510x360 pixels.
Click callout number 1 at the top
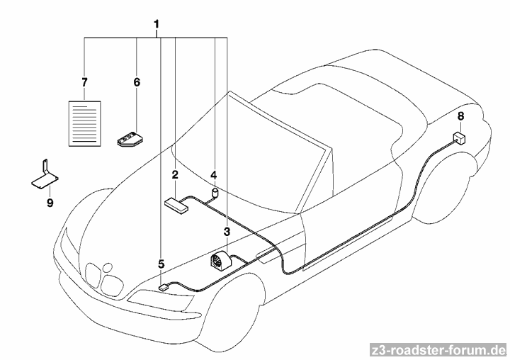(156, 26)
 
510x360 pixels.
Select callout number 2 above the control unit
(174, 174)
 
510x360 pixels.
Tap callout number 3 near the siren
(227, 231)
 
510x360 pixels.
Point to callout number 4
(213, 174)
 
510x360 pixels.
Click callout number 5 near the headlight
(161, 264)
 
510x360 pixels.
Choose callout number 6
(137, 82)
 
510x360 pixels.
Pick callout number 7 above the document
(84, 82)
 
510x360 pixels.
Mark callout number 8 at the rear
(460, 116)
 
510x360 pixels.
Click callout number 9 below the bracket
(50, 203)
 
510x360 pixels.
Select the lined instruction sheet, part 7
(84, 123)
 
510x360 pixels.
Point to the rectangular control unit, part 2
(177, 204)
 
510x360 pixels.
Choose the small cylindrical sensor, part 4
(213, 192)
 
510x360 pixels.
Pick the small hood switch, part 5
(164, 287)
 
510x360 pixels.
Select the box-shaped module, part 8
(460, 137)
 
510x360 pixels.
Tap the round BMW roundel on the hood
(108, 268)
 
